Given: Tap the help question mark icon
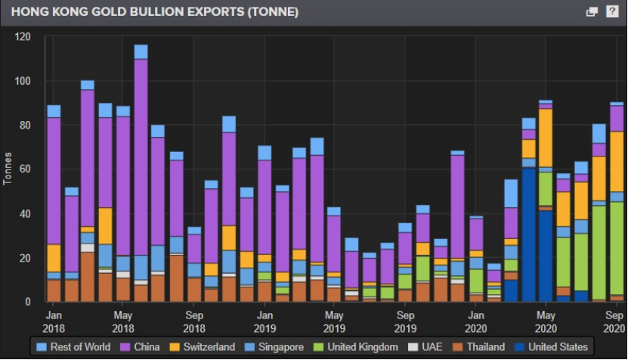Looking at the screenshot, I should [612, 12].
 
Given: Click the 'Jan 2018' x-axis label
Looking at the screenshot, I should [54, 321].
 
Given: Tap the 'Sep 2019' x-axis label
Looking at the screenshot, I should [406, 321].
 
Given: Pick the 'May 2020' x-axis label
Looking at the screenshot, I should [546, 321].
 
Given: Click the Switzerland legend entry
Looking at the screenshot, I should [206, 347].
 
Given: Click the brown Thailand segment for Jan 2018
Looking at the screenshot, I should [54, 290].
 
